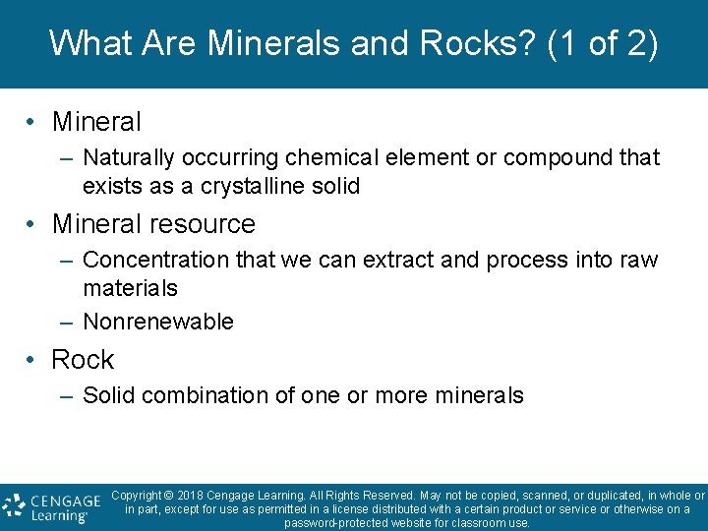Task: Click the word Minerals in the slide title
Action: (268, 43)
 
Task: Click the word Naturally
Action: (125, 157)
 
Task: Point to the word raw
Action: (639, 260)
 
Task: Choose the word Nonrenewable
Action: (158, 322)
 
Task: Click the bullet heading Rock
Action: (83, 360)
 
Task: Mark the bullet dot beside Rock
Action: (32, 360)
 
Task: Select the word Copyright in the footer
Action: (137, 496)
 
